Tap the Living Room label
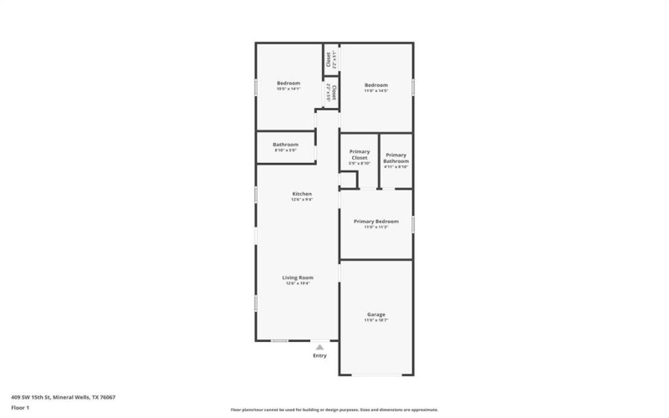click(x=297, y=278)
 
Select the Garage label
click(x=375, y=314)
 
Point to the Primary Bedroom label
click(x=375, y=222)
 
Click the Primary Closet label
click(x=359, y=155)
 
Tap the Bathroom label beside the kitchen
click(x=285, y=145)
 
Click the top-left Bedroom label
click(x=289, y=84)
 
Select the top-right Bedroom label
click(x=375, y=85)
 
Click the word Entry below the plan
click(x=319, y=355)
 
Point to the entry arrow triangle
click(x=319, y=346)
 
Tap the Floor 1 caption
click(x=20, y=407)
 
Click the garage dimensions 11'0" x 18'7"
click(x=375, y=320)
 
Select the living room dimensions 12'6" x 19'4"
click(x=297, y=283)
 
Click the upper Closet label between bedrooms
click(x=328, y=60)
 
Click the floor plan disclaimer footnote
click(x=334, y=410)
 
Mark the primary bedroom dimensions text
click(x=375, y=227)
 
